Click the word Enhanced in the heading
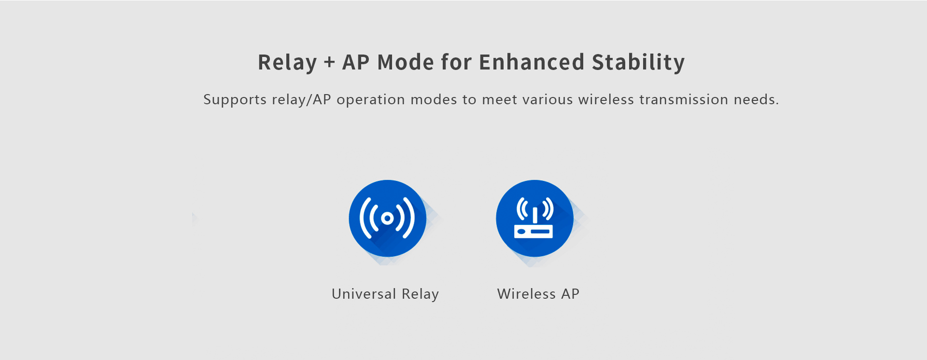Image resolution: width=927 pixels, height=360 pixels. click(x=532, y=62)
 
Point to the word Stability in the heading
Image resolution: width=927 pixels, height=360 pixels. click(x=638, y=63)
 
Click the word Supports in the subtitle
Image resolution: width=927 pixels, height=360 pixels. click(x=235, y=100)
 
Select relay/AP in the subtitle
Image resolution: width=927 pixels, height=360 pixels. click(x=301, y=99)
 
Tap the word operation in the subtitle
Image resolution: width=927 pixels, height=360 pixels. click(x=371, y=99)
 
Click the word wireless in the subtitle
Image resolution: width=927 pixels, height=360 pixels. click(x=606, y=99)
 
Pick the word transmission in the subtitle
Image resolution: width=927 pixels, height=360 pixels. click(x=684, y=99)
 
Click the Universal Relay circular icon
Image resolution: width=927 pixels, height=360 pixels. click(x=387, y=218)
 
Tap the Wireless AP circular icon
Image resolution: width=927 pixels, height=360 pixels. click(x=534, y=218)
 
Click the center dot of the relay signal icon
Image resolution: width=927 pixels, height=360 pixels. click(x=387, y=218)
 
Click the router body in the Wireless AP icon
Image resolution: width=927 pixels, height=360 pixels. click(x=534, y=232)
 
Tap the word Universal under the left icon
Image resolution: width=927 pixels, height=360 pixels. click(x=364, y=294)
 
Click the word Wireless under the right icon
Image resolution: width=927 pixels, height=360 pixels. click(x=527, y=294)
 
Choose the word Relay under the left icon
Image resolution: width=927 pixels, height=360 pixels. click(x=420, y=294)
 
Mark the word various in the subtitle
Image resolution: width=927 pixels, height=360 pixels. click(x=548, y=99)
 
